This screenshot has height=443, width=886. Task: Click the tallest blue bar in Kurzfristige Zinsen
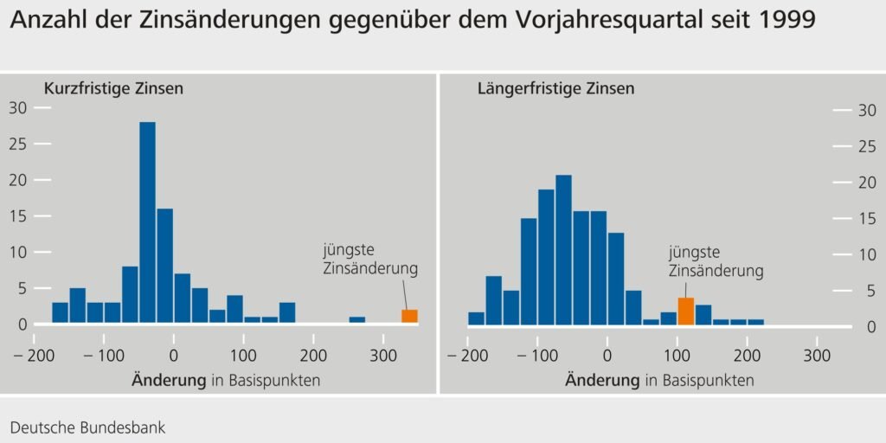pyautogui.click(x=147, y=222)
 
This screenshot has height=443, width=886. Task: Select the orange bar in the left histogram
pyautogui.click(x=409, y=317)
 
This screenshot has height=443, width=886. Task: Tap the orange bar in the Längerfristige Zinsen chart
pyautogui.click(x=685, y=311)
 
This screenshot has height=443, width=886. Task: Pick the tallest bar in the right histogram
pyautogui.click(x=563, y=250)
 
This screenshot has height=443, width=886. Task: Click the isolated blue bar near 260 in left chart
pyautogui.click(x=357, y=320)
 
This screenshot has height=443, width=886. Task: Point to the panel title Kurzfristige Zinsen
pyautogui.click(x=113, y=89)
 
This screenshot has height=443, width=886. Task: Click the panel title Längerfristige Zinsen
pyautogui.click(x=555, y=89)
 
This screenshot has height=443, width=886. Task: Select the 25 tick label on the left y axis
pyautogui.click(x=18, y=144)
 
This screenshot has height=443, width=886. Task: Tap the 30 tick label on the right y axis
pyautogui.click(x=866, y=110)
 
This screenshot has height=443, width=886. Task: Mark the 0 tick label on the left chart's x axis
pyautogui.click(x=174, y=356)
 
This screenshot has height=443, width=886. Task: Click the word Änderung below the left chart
pyautogui.click(x=169, y=380)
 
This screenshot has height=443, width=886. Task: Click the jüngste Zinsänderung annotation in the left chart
pyautogui.click(x=370, y=260)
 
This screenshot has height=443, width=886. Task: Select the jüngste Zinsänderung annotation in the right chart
pyautogui.click(x=716, y=261)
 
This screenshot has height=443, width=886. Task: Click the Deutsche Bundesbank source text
pyautogui.click(x=88, y=427)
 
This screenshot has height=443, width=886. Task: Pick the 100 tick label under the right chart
pyautogui.click(x=677, y=356)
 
